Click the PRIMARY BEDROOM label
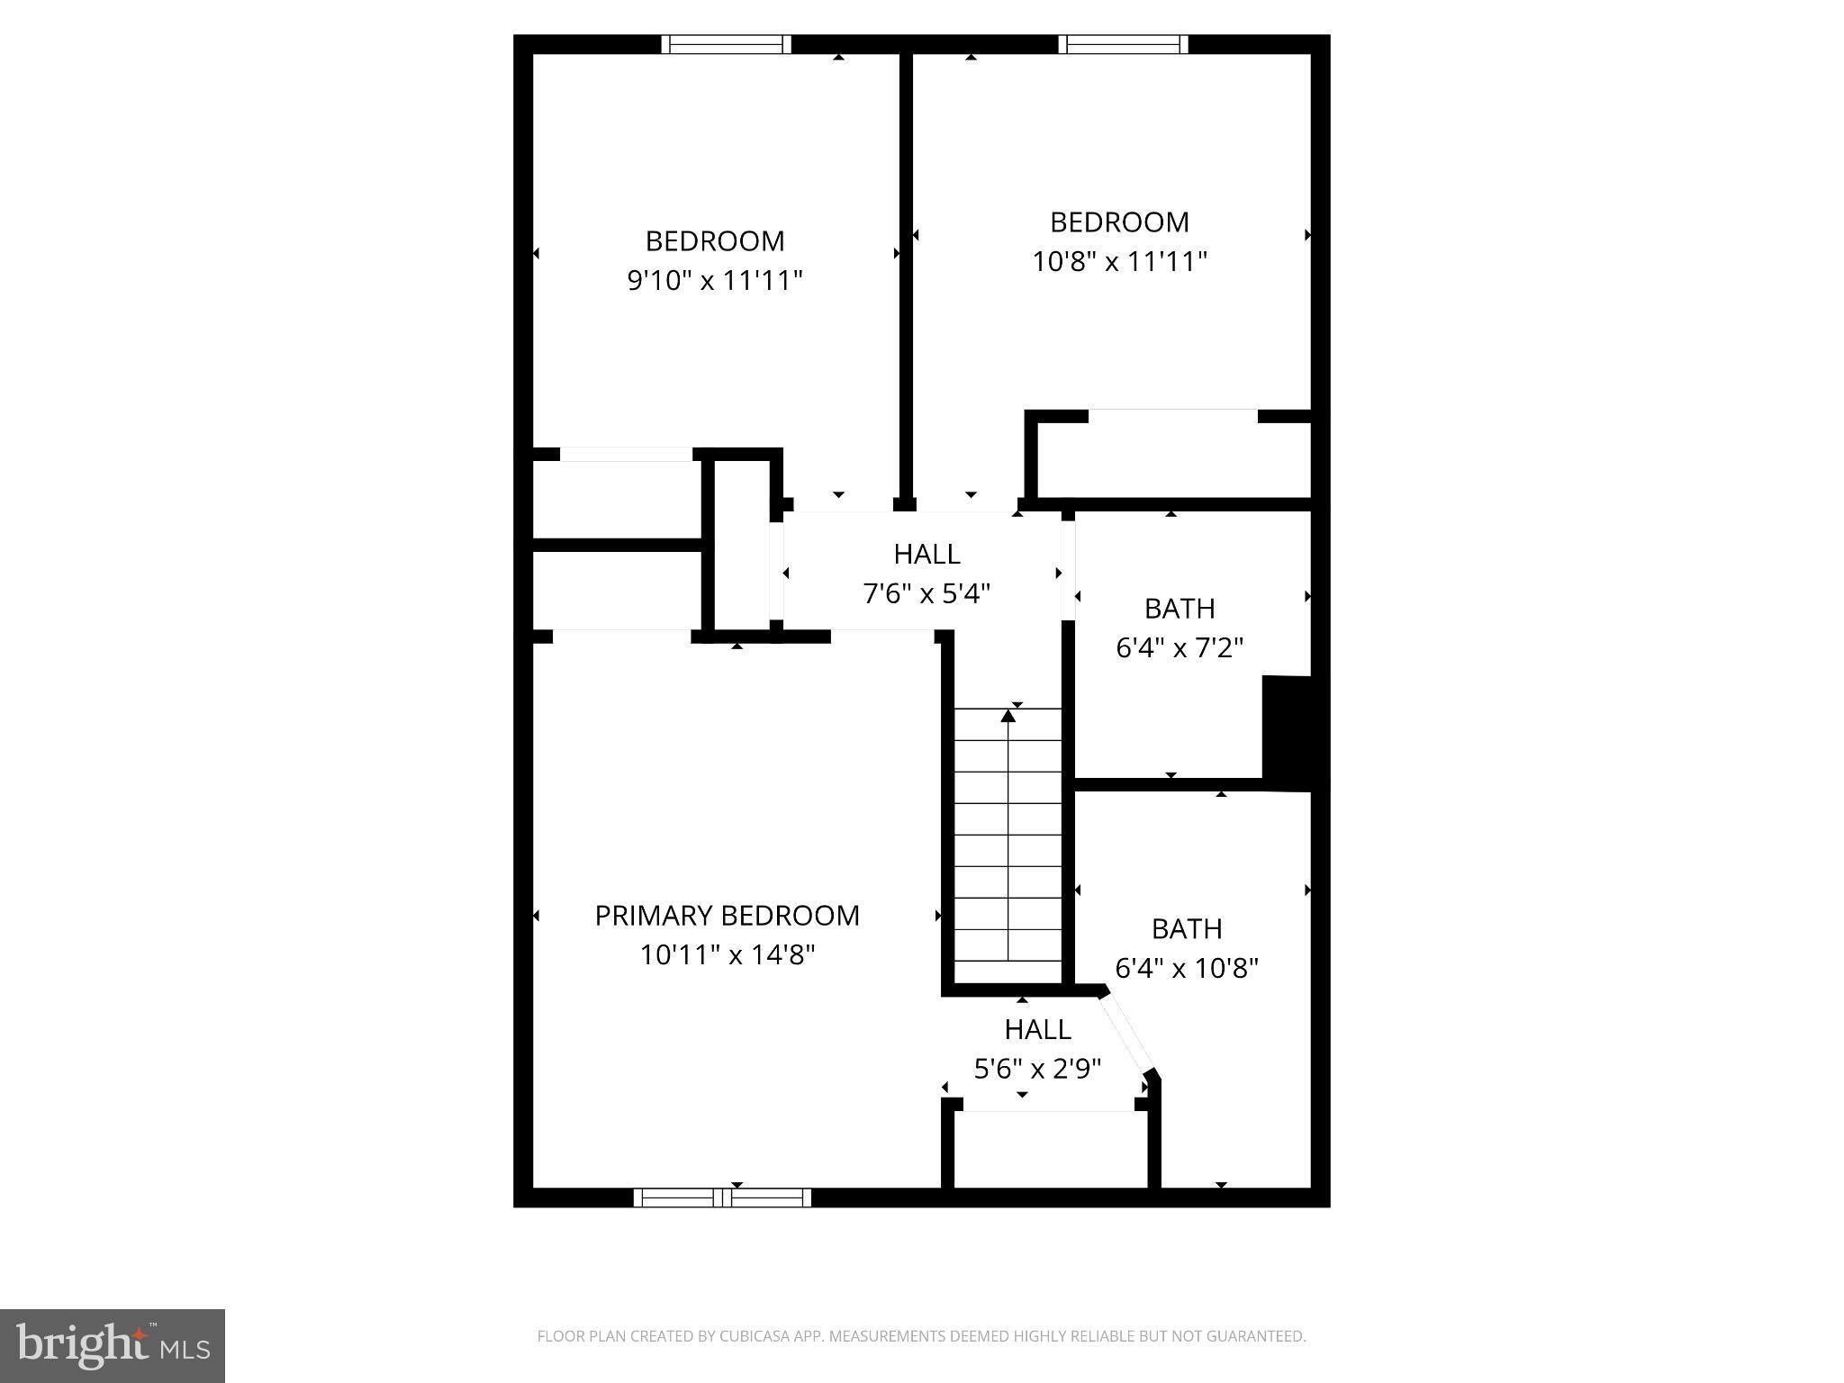(x=727, y=915)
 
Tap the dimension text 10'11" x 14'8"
(x=727, y=954)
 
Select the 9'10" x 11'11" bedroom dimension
(x=714, y=281)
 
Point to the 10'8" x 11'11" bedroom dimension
(x=1119, y=261)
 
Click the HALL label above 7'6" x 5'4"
(x=927, y=554)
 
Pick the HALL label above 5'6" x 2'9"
(x=1037, y=1029)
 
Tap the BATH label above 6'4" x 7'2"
(x=1180, y=609)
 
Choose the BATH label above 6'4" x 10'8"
(x=1187, y=928)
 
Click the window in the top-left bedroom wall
(x=726, y=44)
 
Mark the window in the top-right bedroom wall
(x=1123, y=44)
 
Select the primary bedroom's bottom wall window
(x=722, y=1198)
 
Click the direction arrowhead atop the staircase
(x=1008, y=716)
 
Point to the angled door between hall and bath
(x=1128, y=1033)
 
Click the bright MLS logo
(x=113, y=1345)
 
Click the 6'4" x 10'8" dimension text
(x=1187, y=968)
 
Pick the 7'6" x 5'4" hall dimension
(x=927, y=593)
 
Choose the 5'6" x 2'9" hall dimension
(x=1037, y=1069)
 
